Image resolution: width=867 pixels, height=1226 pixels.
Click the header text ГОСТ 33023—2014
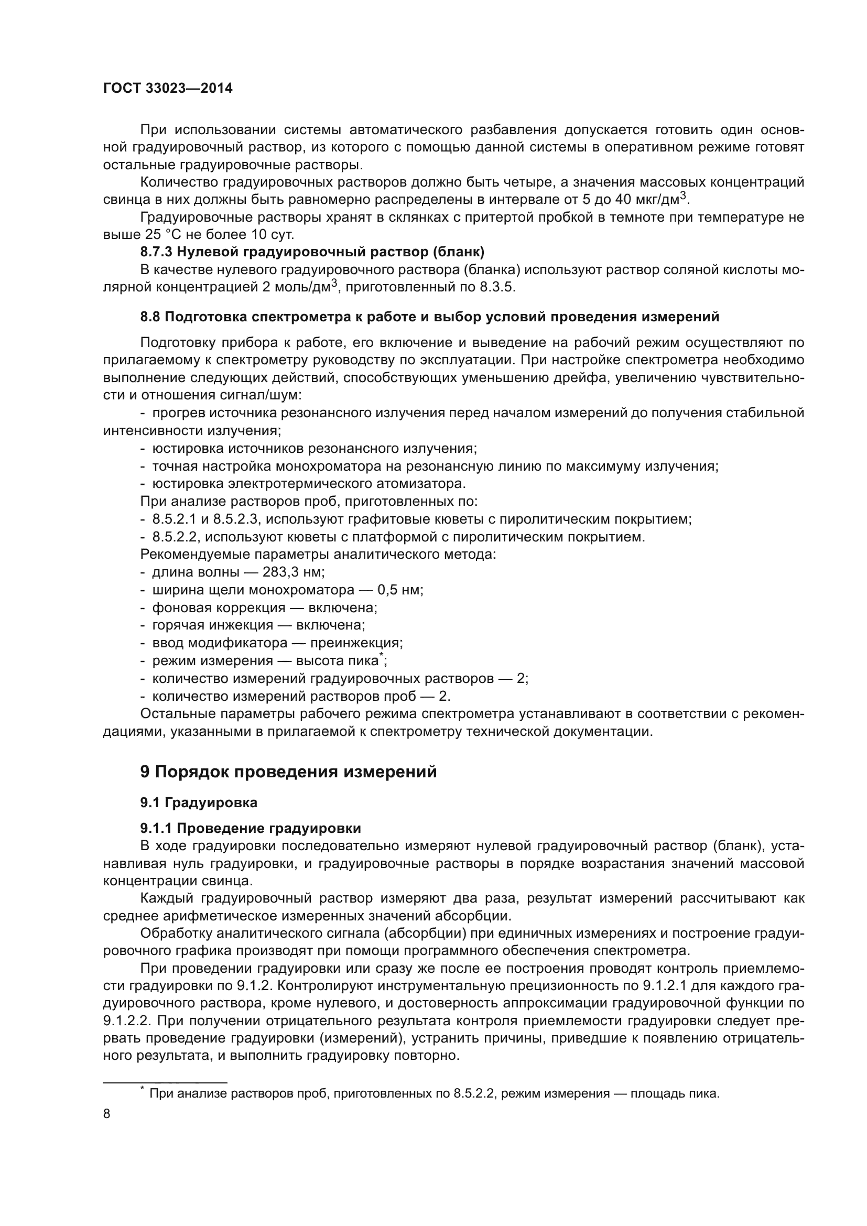pyautogui.click(x=168, y=89)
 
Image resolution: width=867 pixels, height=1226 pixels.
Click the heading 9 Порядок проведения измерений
pyautogui.click(x=288, y=772)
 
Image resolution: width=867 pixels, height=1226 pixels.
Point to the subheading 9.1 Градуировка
pyautogui.click(x=199, y=802)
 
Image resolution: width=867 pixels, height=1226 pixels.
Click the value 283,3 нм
pyautogui.click(x=293, y=572)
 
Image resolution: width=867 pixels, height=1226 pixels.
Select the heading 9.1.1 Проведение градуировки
pyautogui.click(x=251, y=828)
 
